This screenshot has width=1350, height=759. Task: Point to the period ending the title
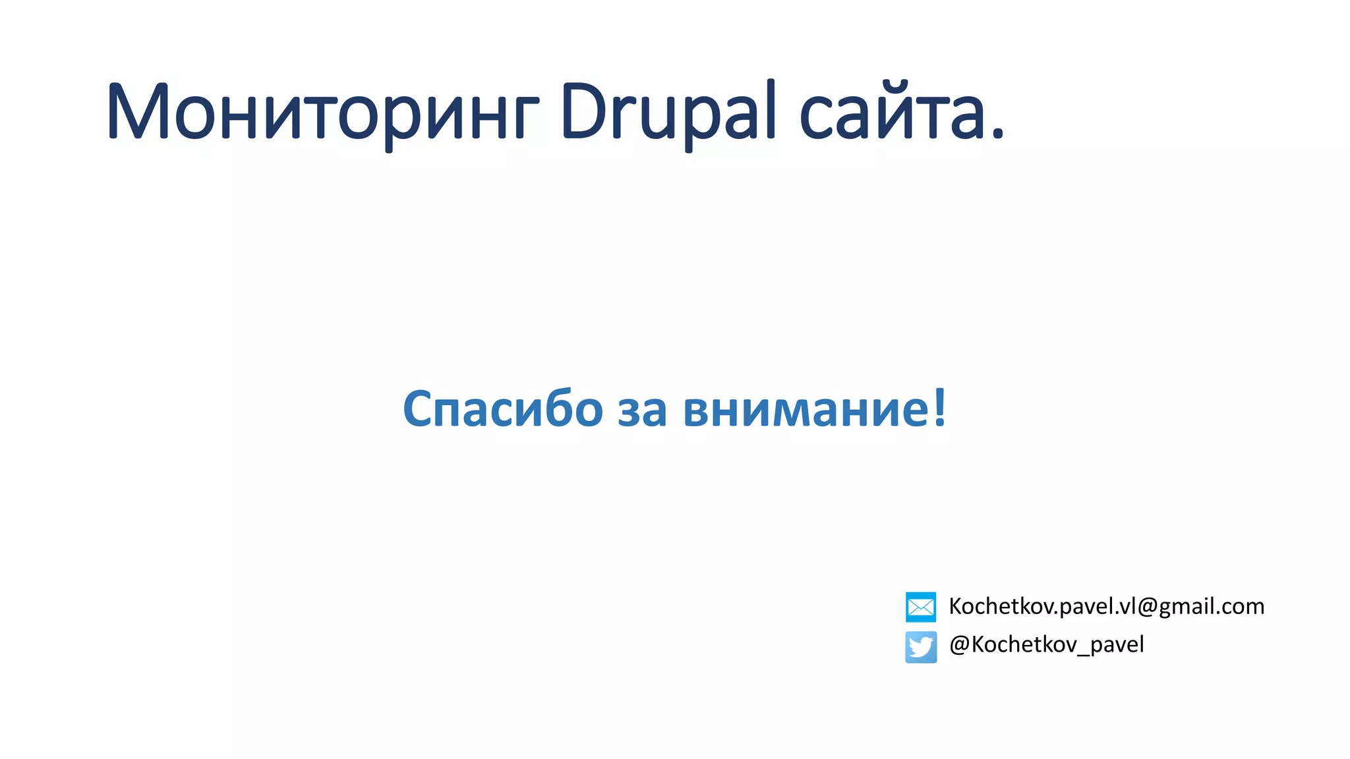997,134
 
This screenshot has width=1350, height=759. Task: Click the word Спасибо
502,409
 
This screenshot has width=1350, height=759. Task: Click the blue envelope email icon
921,607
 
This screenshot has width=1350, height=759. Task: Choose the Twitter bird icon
921,647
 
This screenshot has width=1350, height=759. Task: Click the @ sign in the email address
1148,607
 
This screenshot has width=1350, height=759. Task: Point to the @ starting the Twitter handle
959,644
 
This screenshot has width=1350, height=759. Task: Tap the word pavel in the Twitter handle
1117,644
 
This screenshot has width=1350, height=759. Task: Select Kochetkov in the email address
1001,606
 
